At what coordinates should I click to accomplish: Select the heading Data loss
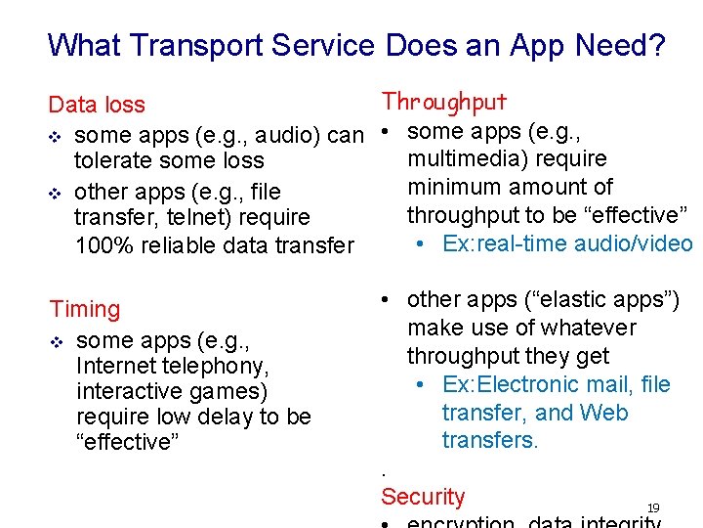(97, 105)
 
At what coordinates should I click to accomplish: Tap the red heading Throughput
(444, 102)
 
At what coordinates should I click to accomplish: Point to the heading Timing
(85, 309)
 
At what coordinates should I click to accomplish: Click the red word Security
(423, 497)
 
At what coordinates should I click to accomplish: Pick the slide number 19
(653, 507)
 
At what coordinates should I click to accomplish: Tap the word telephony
(219, 366)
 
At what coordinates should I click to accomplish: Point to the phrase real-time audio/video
(567, 243)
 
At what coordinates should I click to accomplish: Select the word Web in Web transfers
(603, 413)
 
